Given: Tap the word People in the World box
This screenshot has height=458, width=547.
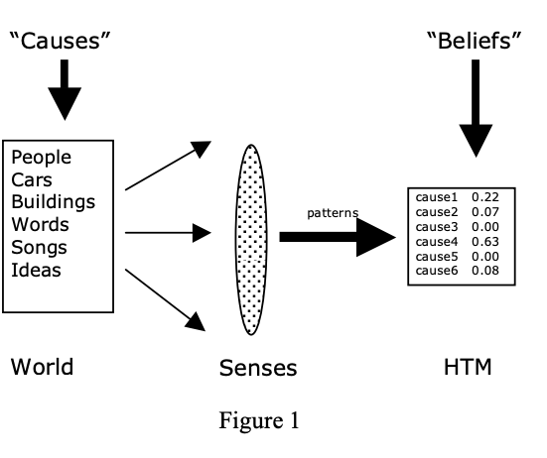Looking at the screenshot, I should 41,159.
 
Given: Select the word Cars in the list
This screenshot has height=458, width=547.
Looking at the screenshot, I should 32,180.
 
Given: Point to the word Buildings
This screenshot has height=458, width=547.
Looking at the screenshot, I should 54,202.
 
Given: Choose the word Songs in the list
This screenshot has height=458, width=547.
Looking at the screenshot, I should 39,247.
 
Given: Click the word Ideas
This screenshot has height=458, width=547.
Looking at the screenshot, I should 36,270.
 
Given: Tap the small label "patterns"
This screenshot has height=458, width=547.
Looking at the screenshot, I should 333,212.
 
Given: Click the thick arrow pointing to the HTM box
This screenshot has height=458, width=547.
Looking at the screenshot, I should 337,238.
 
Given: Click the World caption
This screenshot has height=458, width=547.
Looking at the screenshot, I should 42,367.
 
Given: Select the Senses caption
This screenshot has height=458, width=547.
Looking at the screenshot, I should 258,369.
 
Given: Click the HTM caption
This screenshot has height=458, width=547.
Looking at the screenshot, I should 468,368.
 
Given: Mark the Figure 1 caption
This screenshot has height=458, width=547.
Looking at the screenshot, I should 258,420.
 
